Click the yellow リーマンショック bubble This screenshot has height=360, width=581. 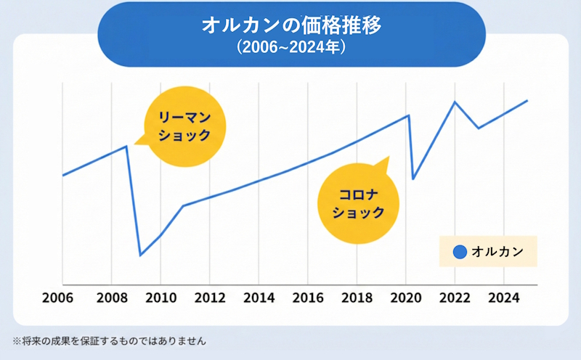coord(184,127)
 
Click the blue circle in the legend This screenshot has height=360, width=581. coord(458,253)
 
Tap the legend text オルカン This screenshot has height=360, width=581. coord(494,253)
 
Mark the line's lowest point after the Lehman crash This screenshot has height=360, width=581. coord(140,255)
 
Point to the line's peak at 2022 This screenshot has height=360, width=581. coord(455,102)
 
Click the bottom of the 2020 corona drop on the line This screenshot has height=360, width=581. coord(413,179)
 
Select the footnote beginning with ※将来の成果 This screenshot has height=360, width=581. coord(110,340)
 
